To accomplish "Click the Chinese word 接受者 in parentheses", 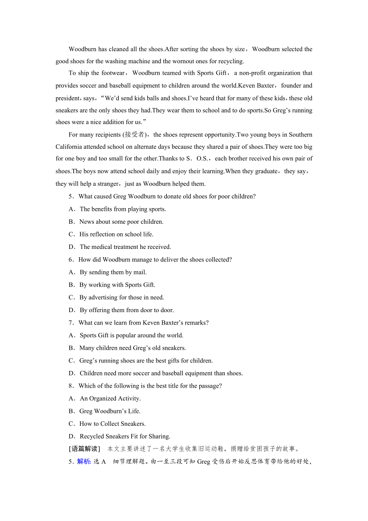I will coord(136,135).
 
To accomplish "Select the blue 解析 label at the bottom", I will coord(84,461).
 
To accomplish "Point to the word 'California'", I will coord(70,147).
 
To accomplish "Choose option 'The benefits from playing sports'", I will coord(122,209).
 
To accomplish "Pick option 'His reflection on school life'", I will coord(116,234).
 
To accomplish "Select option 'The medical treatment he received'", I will coord(125,247).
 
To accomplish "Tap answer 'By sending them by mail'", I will coord(113,272).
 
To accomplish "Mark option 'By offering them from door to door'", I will coord(126,310).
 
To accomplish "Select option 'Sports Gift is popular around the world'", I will coord(131,335).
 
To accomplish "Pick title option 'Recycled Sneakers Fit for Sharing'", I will coord(125,436).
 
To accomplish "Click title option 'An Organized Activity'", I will coord(110,399).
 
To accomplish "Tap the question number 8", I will coord(71,386).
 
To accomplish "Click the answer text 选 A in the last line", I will coord(100,461).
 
